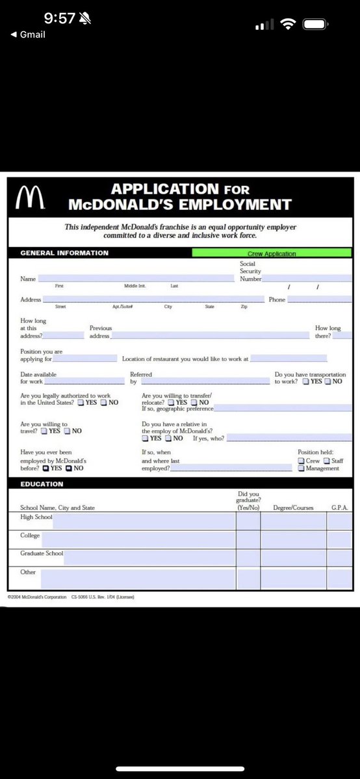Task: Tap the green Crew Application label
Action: (272, 253)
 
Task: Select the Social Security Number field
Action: (307, 278)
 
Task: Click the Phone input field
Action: (320, 300)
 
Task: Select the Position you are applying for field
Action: (85, 359)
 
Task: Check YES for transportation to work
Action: (306, 381)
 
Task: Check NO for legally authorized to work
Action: (103, 403)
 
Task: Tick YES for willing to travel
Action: (44, 431)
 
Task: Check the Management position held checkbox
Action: (302, 468)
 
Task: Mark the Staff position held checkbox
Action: (327, 461)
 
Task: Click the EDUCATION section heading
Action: (42, 484)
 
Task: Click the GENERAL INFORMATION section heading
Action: (64, 253)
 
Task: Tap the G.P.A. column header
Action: (340, 507)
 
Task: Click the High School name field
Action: (144, 520)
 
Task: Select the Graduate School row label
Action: (42, 554)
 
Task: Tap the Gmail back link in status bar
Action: (29, 34)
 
